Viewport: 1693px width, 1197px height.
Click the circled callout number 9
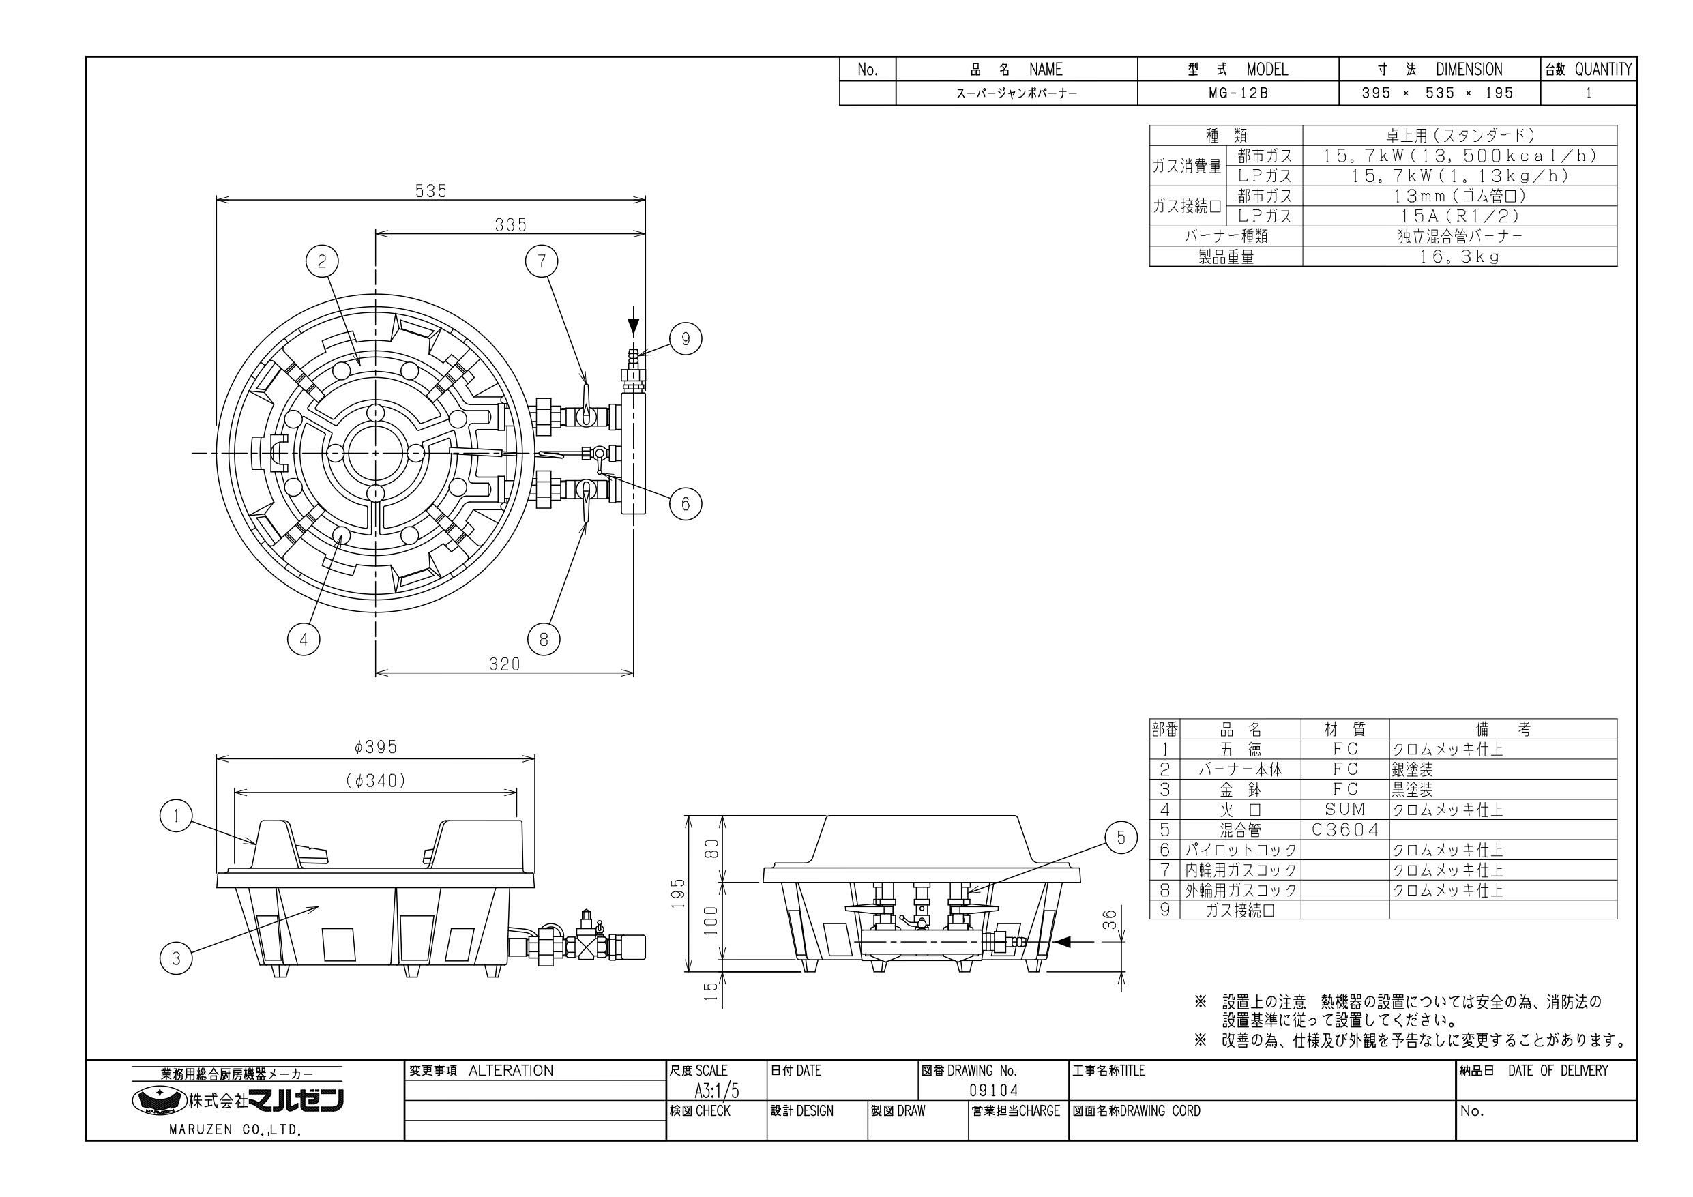[685, 338]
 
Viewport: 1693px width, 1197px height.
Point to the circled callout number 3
[175, 958]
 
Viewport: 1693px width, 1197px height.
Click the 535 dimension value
[430, 191]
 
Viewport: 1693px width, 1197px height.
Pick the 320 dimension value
[504, 664]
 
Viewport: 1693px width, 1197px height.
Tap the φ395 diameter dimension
[375, 747]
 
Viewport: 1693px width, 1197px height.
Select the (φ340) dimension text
[375, 781]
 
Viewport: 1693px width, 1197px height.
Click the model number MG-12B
[1238, 93]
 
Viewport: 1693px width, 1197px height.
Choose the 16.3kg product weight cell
[1460, 256]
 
